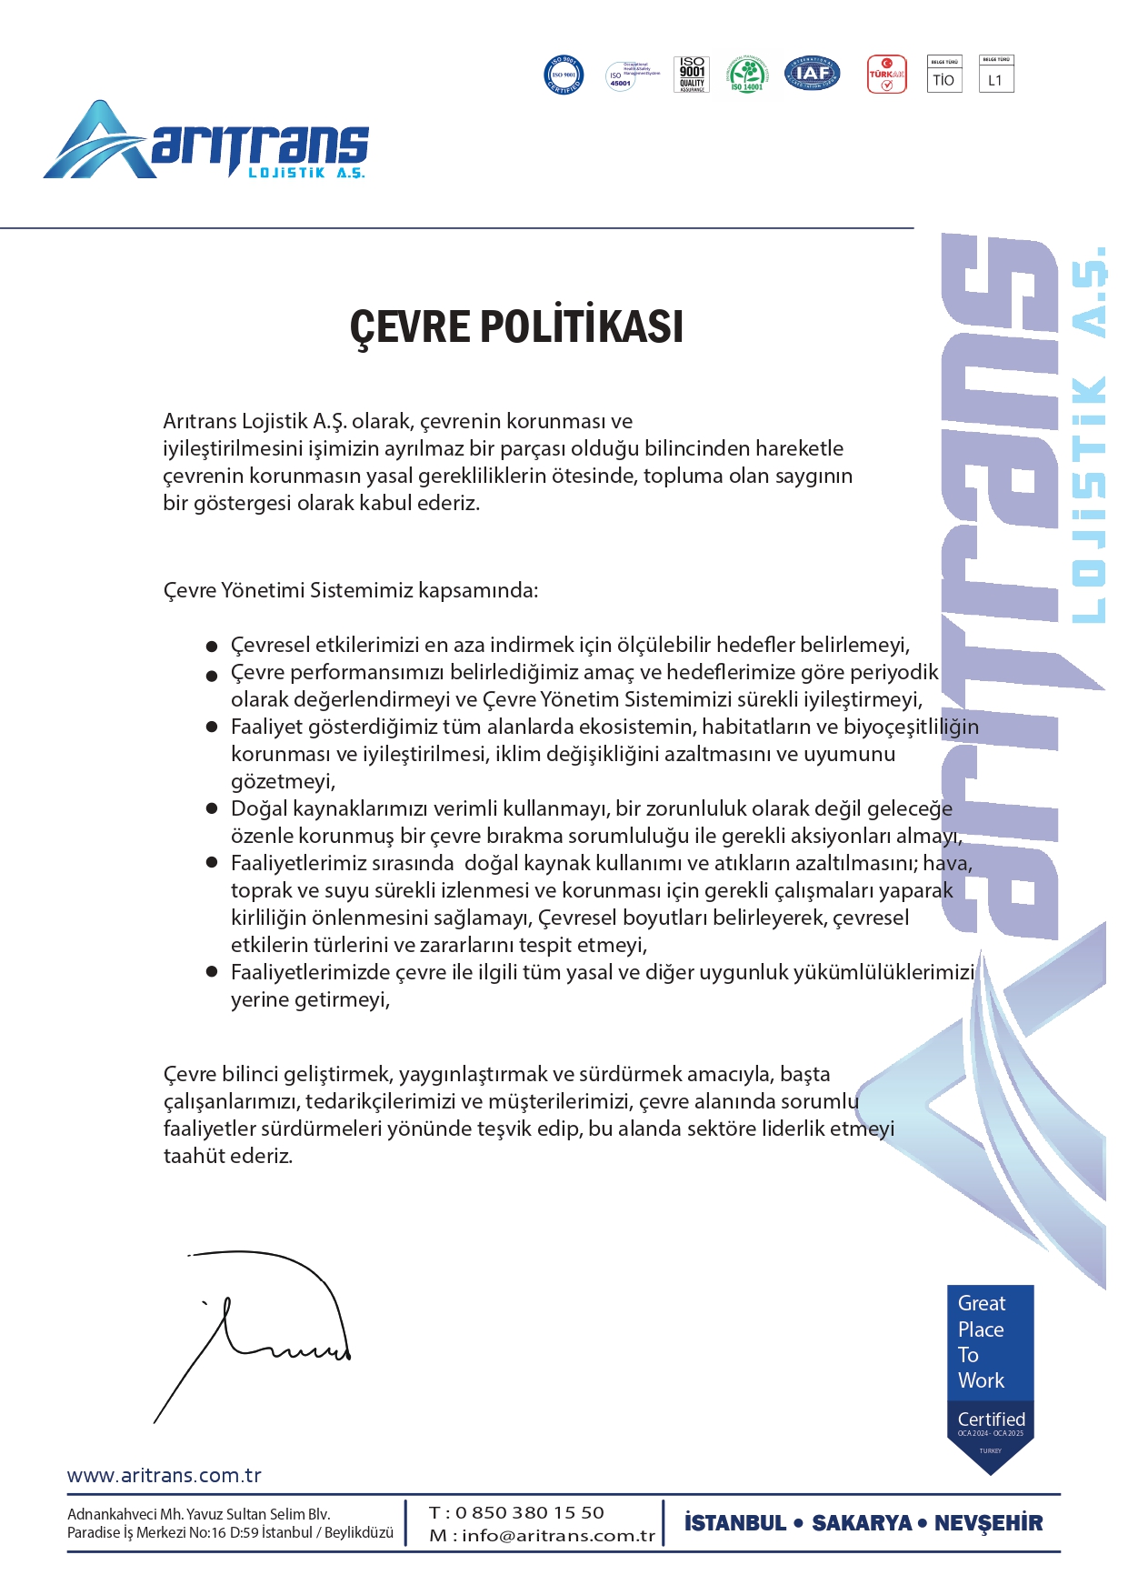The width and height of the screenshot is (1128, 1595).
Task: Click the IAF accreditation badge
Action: click(812, 74)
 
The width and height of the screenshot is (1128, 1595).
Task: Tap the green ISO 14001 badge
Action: click(747, 74)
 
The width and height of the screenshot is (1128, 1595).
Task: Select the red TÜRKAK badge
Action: click(886, 74)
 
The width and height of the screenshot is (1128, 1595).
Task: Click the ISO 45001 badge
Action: click(622, 75)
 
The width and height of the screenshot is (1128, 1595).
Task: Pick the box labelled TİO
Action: click(943, 75)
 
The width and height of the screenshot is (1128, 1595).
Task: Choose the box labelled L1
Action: click(995, 75)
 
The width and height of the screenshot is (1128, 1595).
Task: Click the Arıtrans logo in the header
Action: click(206, 141)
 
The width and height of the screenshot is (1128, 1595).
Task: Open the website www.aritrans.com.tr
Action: click(165, 1475)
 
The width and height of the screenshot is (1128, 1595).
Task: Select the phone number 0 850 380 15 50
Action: click(529, 1512)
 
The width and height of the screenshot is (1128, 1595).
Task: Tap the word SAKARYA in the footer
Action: click(862, 1523)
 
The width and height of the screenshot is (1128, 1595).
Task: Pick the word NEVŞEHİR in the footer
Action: click(988, 1523)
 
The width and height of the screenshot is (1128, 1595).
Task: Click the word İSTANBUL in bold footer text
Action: click(734, 1523)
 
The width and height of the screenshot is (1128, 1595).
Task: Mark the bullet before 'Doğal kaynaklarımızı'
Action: click(212, 808)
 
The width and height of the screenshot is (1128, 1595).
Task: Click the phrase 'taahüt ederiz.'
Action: click(228, 1156)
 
